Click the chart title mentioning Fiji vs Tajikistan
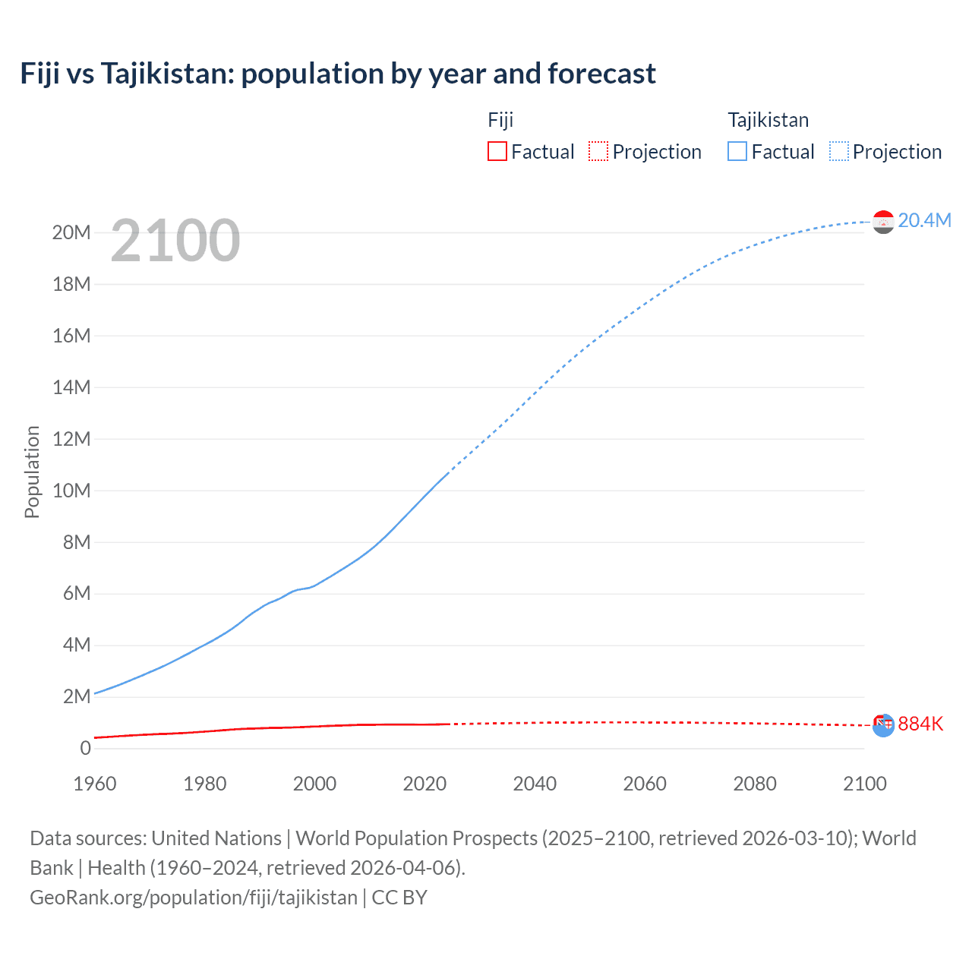pyautogui.click(x=338, y=74)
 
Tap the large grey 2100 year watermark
pyautogui.click(x=175, y=241)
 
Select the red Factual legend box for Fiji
pyautogui.click(x=497, y=151)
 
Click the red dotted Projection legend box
pyautogui.click(x=598, y=151)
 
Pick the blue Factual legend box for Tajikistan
pyautogui.click(x=737, y=151)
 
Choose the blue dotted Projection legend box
pyautogui.click(x=839, y=151)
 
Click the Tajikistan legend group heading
pyautogui.click(x=768, y=120)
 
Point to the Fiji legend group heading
pyautogui.click(x=500, y=120)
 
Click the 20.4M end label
pyautogui.click(x=924, y=220)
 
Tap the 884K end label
pyautogui.click(x=920, y=724)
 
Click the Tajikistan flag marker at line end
pyautogui.click(x=883, y=222)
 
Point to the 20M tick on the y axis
pyautogui.click(x=71, y=232)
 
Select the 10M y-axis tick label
pyautogui.click(x=71, y=491)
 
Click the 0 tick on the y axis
pyautogui.click(x=85, y=748)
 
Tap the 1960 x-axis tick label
pyautogui.click(x=95, y=784)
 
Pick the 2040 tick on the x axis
pyautogui.click(x=535, y=784)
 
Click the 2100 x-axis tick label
pyautogui.click(x=864, y=784)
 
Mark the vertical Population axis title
pyautogui.click(x=32, y=472)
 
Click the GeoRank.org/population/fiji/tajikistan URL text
pyautogui.click(x=194, y=897)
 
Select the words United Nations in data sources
pyautogui.click(x=216, y=838)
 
